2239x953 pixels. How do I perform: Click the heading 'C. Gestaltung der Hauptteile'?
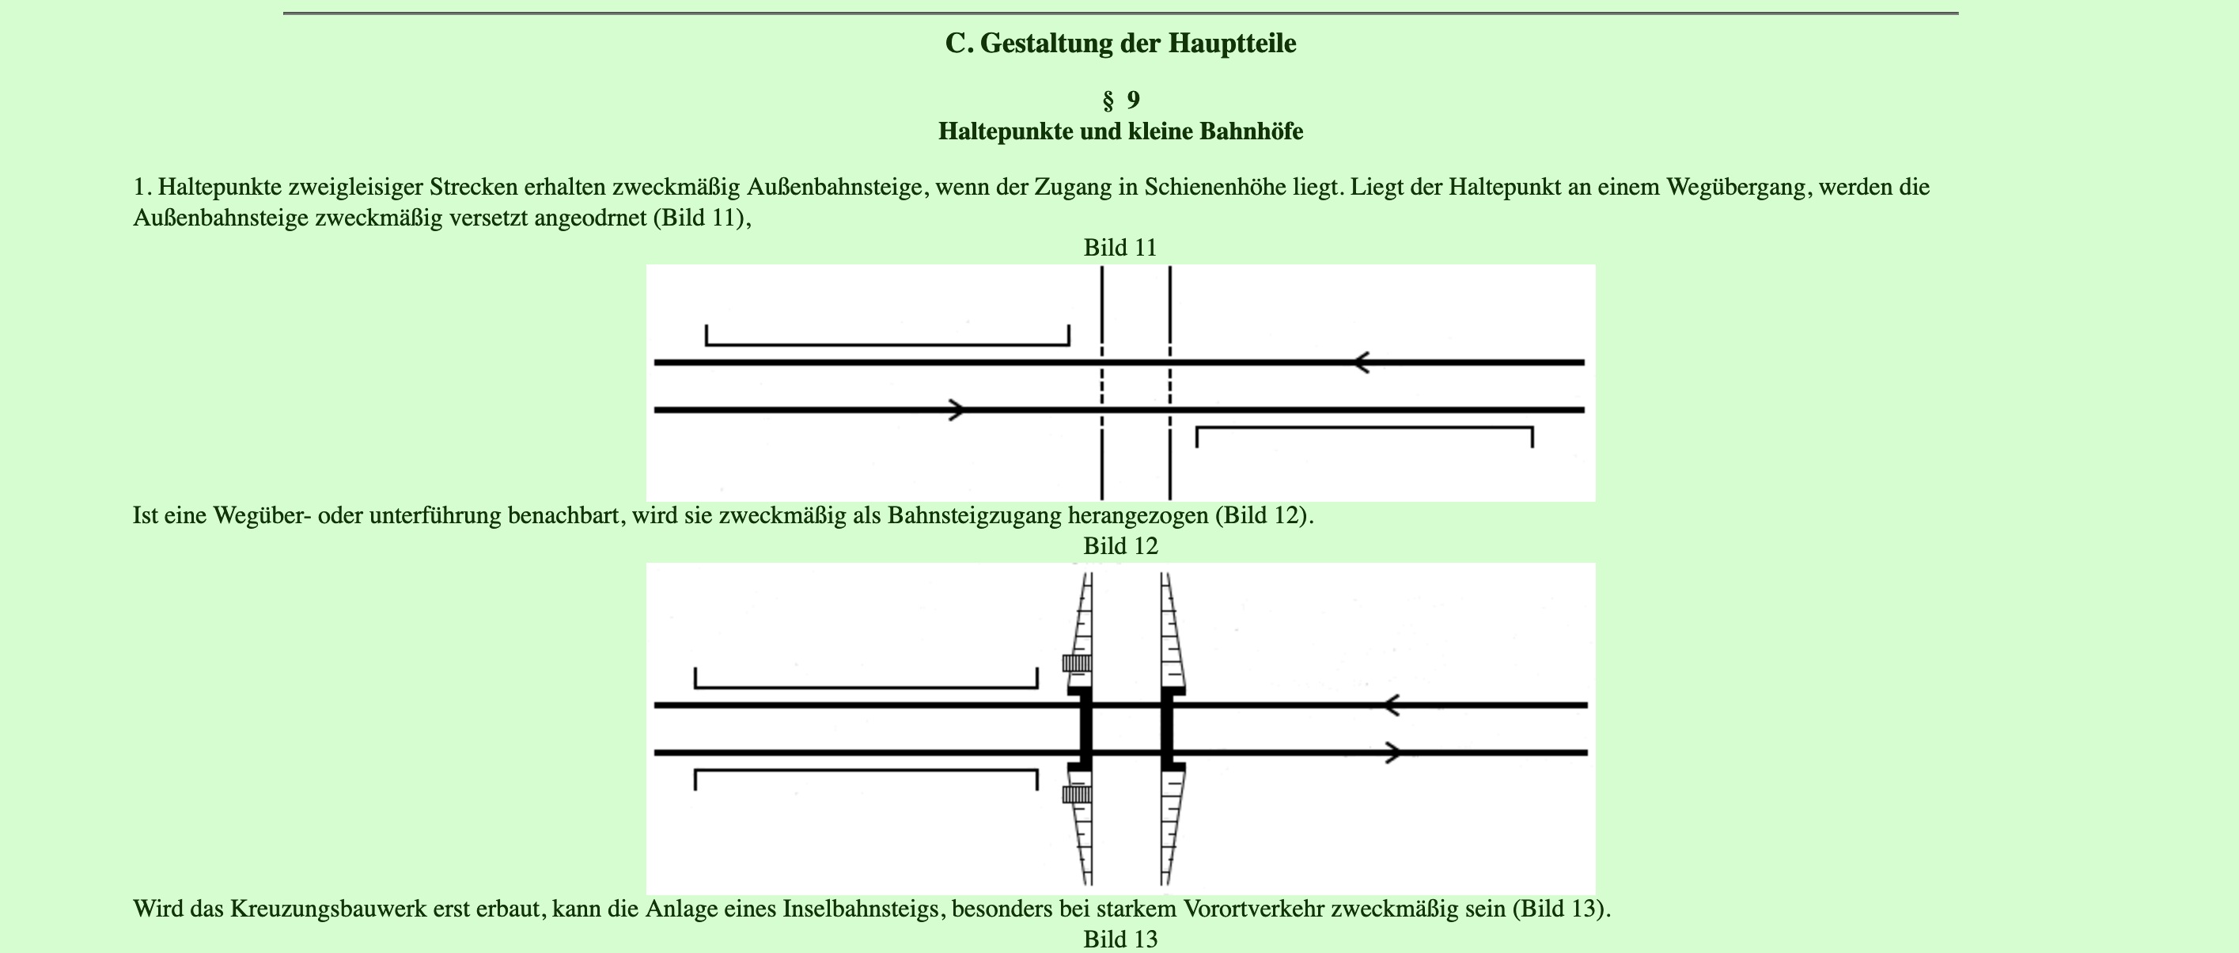pos(1119,44)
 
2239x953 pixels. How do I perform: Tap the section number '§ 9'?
pos(1119,101)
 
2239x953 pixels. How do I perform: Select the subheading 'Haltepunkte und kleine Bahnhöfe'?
pos(1119,132)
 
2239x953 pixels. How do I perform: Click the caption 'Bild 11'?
pos(1119,248)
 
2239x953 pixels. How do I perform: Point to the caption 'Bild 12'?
pos(1119,546)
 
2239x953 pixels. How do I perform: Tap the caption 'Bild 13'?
pos(1119,939)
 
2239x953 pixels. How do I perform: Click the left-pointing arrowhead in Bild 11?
pos(1361,362)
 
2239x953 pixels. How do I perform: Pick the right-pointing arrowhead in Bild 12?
pos(1392,753)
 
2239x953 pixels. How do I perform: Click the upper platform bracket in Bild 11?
pos(887,344)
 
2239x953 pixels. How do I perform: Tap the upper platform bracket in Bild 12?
pos(866,686)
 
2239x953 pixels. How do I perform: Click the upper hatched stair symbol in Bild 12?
pos(1077,663)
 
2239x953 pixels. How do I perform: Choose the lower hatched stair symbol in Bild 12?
pos(1077,794)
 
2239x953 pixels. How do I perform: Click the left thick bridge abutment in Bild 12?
pos(1085,729)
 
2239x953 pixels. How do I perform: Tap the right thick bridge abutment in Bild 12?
pos(1167,729)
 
